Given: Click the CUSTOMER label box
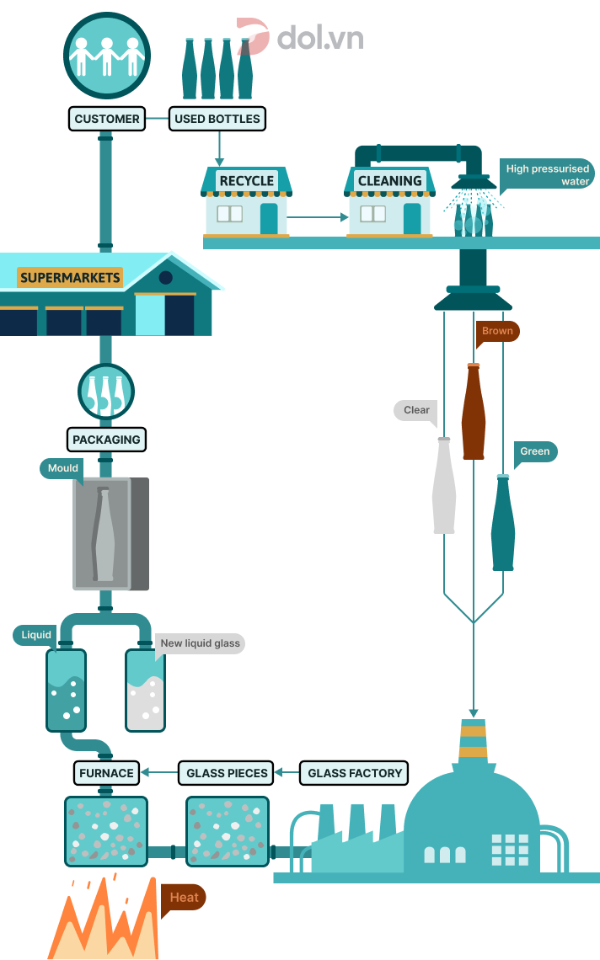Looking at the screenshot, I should coord(107,119).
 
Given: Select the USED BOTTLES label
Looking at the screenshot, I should coord(217,119).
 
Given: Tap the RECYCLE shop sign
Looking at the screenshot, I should coord(246,180).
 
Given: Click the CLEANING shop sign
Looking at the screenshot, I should coord(389,180).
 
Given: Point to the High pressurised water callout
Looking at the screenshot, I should coord(547,174).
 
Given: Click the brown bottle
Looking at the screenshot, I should coord(474,413).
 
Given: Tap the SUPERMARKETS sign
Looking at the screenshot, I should coord(70,277).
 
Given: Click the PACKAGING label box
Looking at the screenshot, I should coord(106,440).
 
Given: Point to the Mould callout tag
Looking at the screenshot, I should coord(63,468).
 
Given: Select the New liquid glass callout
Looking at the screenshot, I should coord(200,643).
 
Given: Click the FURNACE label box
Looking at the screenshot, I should coord(106,772).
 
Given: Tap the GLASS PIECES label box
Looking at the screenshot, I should coord(227,772).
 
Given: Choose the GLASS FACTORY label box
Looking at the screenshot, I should coord(356,772).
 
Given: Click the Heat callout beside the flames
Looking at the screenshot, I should coord(184,897).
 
